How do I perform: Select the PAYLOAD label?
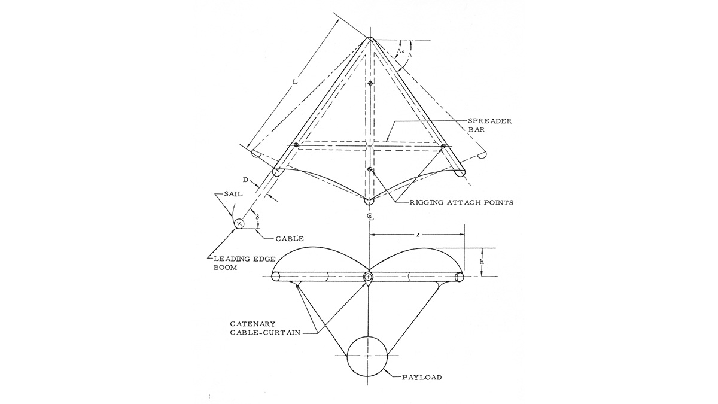[423, 377]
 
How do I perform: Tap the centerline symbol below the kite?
[370, 215]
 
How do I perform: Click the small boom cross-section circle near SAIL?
[239, 224]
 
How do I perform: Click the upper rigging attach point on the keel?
[370, 83]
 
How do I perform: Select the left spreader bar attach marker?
[296, 144]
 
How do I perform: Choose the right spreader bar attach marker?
[443, 145]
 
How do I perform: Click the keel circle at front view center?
[369, 277]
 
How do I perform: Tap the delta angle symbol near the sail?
[257, 215]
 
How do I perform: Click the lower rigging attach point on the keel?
[370, 170]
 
